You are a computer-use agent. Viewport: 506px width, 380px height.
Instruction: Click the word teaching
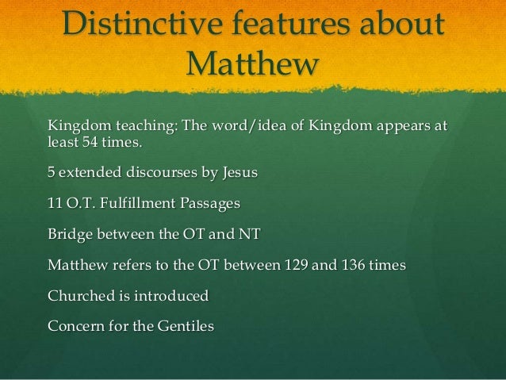pyautogui.click(x=140, y=126)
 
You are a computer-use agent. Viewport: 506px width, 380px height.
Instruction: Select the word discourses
pyautogui.click(x=171, y=171)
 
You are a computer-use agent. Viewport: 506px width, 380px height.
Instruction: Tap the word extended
pyautogui.click(x=90, y=171)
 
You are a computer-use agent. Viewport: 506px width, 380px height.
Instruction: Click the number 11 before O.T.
pyautogui.click(x=56, y=204)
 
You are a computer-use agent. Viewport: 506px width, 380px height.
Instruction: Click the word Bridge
pyautogui.click(x=69, y=235)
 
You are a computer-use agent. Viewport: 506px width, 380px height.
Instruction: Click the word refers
pyautogui.click(x=122, y=264)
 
